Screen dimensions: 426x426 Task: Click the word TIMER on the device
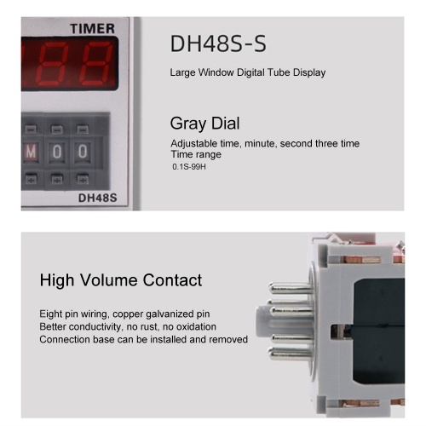pyautogui.click(x=92, y=29)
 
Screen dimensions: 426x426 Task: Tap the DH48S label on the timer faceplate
pyautogui.click(x=97, y=198)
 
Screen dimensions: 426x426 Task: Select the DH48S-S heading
pyautogui.click(x=218, y=43)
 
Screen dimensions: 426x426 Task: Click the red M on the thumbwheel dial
pyautogui.click(x=31, y=152)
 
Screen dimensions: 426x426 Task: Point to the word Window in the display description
pyautogui.click(x=216, y=72)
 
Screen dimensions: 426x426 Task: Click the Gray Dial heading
pyautogui.click(x=204, y=124)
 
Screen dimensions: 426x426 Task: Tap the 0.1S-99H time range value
pyautogui.click(x=189, y=166)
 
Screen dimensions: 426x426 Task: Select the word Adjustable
pyautogui.click(x=194, y=144)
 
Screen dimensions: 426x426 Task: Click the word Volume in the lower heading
pyautogui.click(x=109, y=280)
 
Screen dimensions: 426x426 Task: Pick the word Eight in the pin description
pyautogui.click(x=50, y=314)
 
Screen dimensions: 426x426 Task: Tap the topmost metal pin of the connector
pyautogui.click(x=291, y=289)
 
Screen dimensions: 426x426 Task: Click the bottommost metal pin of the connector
pyautogui.click(x=291, y=354)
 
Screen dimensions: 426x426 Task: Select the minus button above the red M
pyautogui.click(x=31, y=130)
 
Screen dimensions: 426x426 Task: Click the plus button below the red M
pyautogui.click(x=31, y=179)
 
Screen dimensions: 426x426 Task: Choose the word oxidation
pyautogui.click(x=196, y=326)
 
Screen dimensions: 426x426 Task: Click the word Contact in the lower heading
pyautogui.click(x=172, y=280)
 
